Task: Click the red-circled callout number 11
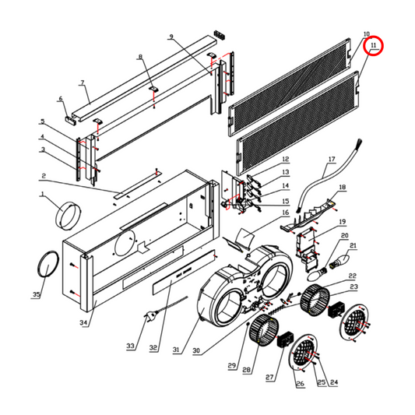(x=375, y=47)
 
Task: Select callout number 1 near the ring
(x=44, y=194)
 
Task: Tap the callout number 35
(x=36, y=295)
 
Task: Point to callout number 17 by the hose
(x=330, y=160)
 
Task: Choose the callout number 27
(x=270, y=378)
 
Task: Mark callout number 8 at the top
(x=140, y=58)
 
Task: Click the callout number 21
(x=353, y=247)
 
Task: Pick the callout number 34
(x=84, y=322)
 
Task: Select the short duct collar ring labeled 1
(x=69, y=210)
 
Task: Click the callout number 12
(x=285, y=158)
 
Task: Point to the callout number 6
(x=60, y=99)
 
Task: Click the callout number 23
(x=353, y=287)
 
